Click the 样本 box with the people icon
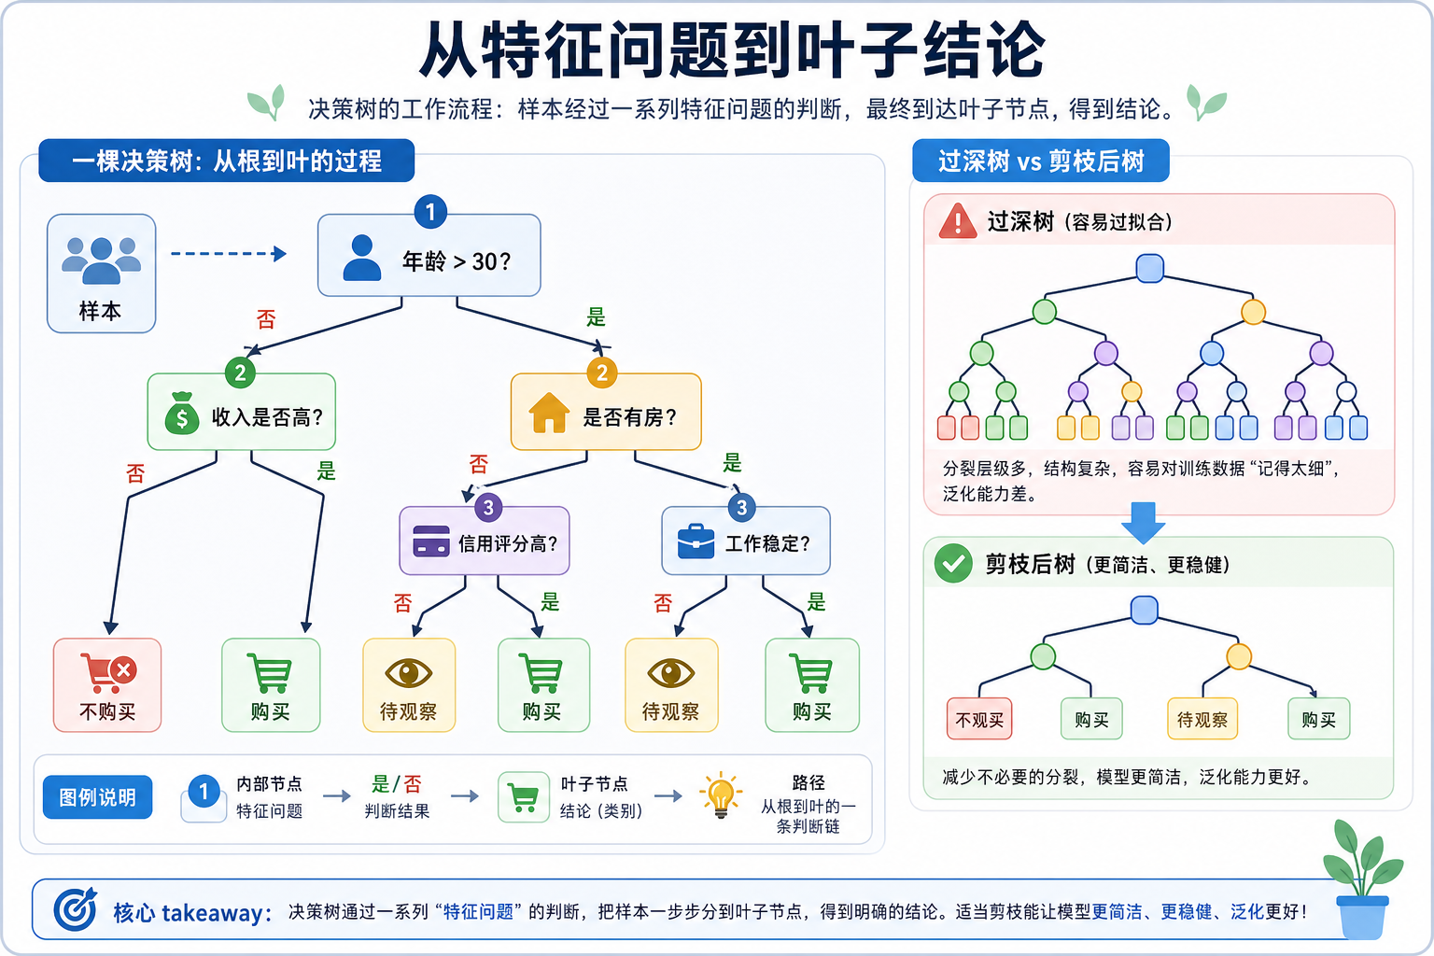click(x=101, y=273)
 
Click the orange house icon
click(x=549, y=413)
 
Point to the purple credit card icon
click(x=431, y=541)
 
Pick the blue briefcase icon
click(x=696, y=541)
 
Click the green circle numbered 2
click(x=240, y=373)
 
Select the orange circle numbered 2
click(x=602, y=373)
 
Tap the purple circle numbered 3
click(x=487, y=508)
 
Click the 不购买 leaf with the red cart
click(x=107, y=685)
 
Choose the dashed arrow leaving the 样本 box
click(x=228, y=254)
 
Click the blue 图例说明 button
click(x=98, y=797)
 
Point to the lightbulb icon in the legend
click(x=721, y=795)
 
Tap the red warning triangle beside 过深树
click(x=957, y=222)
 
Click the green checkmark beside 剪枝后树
click(x=953, y=564)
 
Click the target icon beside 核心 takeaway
click(x=75, y=909)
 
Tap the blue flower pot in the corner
click(x=1362, y=917)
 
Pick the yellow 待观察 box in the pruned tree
click(x=1202, y=719)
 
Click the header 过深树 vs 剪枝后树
click(x=1040, y=162)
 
